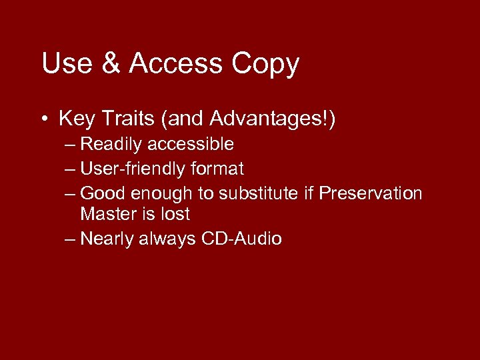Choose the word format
[217, 169]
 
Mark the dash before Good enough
[71, 194]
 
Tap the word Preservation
[371, 194]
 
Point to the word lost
[175, 215]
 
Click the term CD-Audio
[241, 239]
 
